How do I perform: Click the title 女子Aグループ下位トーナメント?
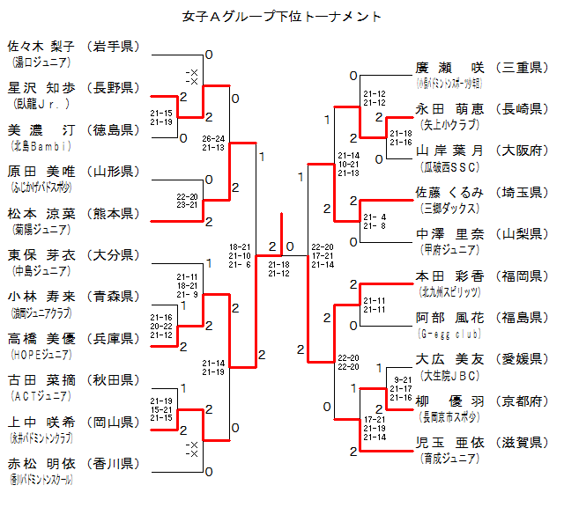click(x=282, y=16)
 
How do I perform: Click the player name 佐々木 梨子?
click(x=41, y=46)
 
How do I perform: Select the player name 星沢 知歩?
click(x=41, y=87)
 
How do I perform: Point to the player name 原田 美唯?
click(x=41, y=171)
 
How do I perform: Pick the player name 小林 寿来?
click(x=41, y=296)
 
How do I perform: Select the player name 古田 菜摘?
click(x=41, y=379)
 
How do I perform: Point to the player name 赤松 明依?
click(x=41, y=463)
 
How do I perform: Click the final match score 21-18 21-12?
click(x=278, y=268)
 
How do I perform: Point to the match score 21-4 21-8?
click(x=374, y=221)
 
